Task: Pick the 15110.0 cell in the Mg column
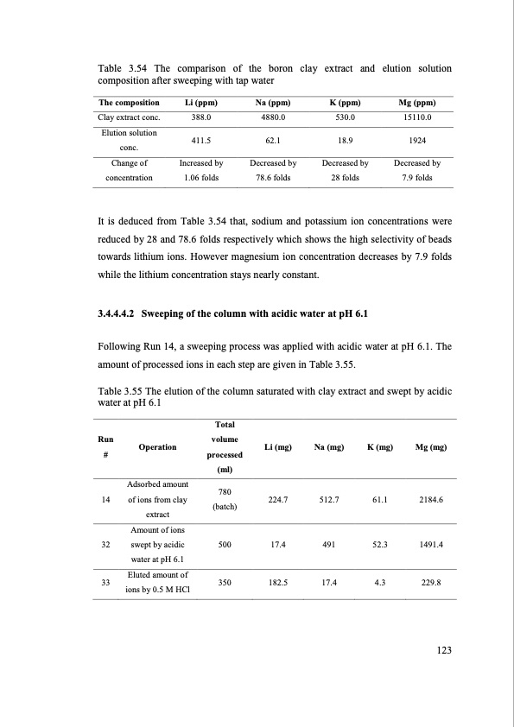416,117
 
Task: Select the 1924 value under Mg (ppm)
416,139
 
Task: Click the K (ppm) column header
345,102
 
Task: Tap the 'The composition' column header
128,102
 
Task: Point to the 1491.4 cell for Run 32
429,546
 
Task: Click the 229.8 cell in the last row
429,583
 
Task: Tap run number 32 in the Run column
104,546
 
